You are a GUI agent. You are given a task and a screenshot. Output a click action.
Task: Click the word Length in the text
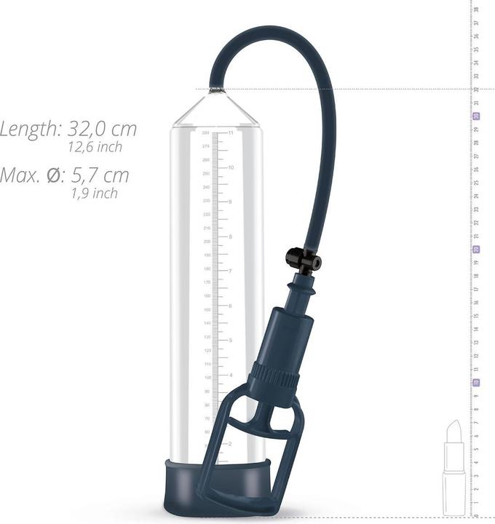[x=30, y=130]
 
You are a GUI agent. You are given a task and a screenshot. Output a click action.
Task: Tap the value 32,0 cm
[x=102, y=130]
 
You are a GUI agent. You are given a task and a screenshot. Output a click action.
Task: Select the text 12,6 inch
[x=95, y=147]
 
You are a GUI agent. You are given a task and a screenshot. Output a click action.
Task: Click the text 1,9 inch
[x=95, y=194]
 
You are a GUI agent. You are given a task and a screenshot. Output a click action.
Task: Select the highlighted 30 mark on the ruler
[x=476, y=116]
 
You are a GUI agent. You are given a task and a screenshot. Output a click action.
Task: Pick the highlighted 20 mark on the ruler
[x=476, y=249]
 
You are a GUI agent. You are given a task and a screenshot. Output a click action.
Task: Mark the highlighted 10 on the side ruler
[x=476, y=382]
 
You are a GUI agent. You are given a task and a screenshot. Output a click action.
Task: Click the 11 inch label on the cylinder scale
[x=231, y=133]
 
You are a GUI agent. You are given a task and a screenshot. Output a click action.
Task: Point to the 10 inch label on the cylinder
[x=231, y=167]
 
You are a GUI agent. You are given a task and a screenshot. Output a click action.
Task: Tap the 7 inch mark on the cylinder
[x=231, y=271]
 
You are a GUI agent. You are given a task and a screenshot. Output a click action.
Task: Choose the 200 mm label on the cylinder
[x=206, y=242]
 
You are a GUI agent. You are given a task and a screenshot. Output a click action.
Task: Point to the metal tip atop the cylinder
[x=215, y=90]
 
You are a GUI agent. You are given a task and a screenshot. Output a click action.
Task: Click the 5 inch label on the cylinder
[x=231, y=340]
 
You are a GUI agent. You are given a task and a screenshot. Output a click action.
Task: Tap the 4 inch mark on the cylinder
[x=231, y=375]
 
